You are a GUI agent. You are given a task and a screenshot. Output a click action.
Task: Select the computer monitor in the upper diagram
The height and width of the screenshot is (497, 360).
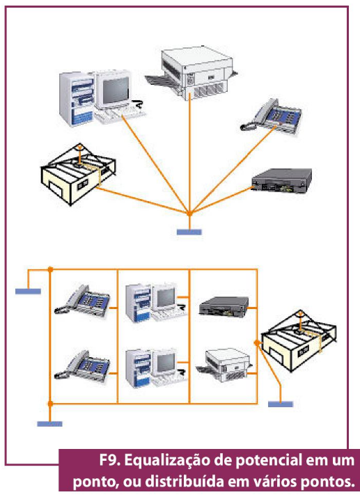point(114,90)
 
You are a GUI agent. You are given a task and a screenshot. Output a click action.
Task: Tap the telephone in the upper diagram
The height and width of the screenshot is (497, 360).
point(271,116)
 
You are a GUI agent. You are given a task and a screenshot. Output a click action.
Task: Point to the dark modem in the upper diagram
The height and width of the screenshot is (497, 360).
point(281,180)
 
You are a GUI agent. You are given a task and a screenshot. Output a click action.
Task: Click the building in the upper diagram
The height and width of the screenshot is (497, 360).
point(78,174)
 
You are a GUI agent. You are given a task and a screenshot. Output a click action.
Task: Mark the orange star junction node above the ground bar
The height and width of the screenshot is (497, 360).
point(189,214)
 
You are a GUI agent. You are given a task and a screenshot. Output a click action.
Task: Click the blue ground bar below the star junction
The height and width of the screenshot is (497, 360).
point(189,232)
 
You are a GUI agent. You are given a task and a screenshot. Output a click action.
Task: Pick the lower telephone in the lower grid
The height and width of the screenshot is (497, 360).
point(82,365)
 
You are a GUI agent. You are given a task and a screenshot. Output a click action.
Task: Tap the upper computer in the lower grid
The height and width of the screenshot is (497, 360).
point(156,302)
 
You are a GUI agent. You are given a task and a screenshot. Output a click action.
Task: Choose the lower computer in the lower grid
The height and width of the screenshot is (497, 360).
point(156,368)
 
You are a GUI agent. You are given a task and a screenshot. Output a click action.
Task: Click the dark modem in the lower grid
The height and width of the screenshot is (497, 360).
point(224,306)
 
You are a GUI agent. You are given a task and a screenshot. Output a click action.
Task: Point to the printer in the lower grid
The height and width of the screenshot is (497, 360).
point(224,365)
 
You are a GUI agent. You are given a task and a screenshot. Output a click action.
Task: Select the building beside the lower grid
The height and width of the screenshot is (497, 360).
point(299,341)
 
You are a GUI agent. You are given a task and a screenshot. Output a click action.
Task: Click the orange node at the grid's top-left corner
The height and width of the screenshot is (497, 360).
point(50,269)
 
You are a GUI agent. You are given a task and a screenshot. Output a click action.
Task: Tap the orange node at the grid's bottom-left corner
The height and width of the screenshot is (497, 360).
point(50,404)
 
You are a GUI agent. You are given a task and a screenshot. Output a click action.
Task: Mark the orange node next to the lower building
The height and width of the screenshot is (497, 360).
point(257,342)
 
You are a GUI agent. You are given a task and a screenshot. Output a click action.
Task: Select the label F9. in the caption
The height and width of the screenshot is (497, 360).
point(110,461)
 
